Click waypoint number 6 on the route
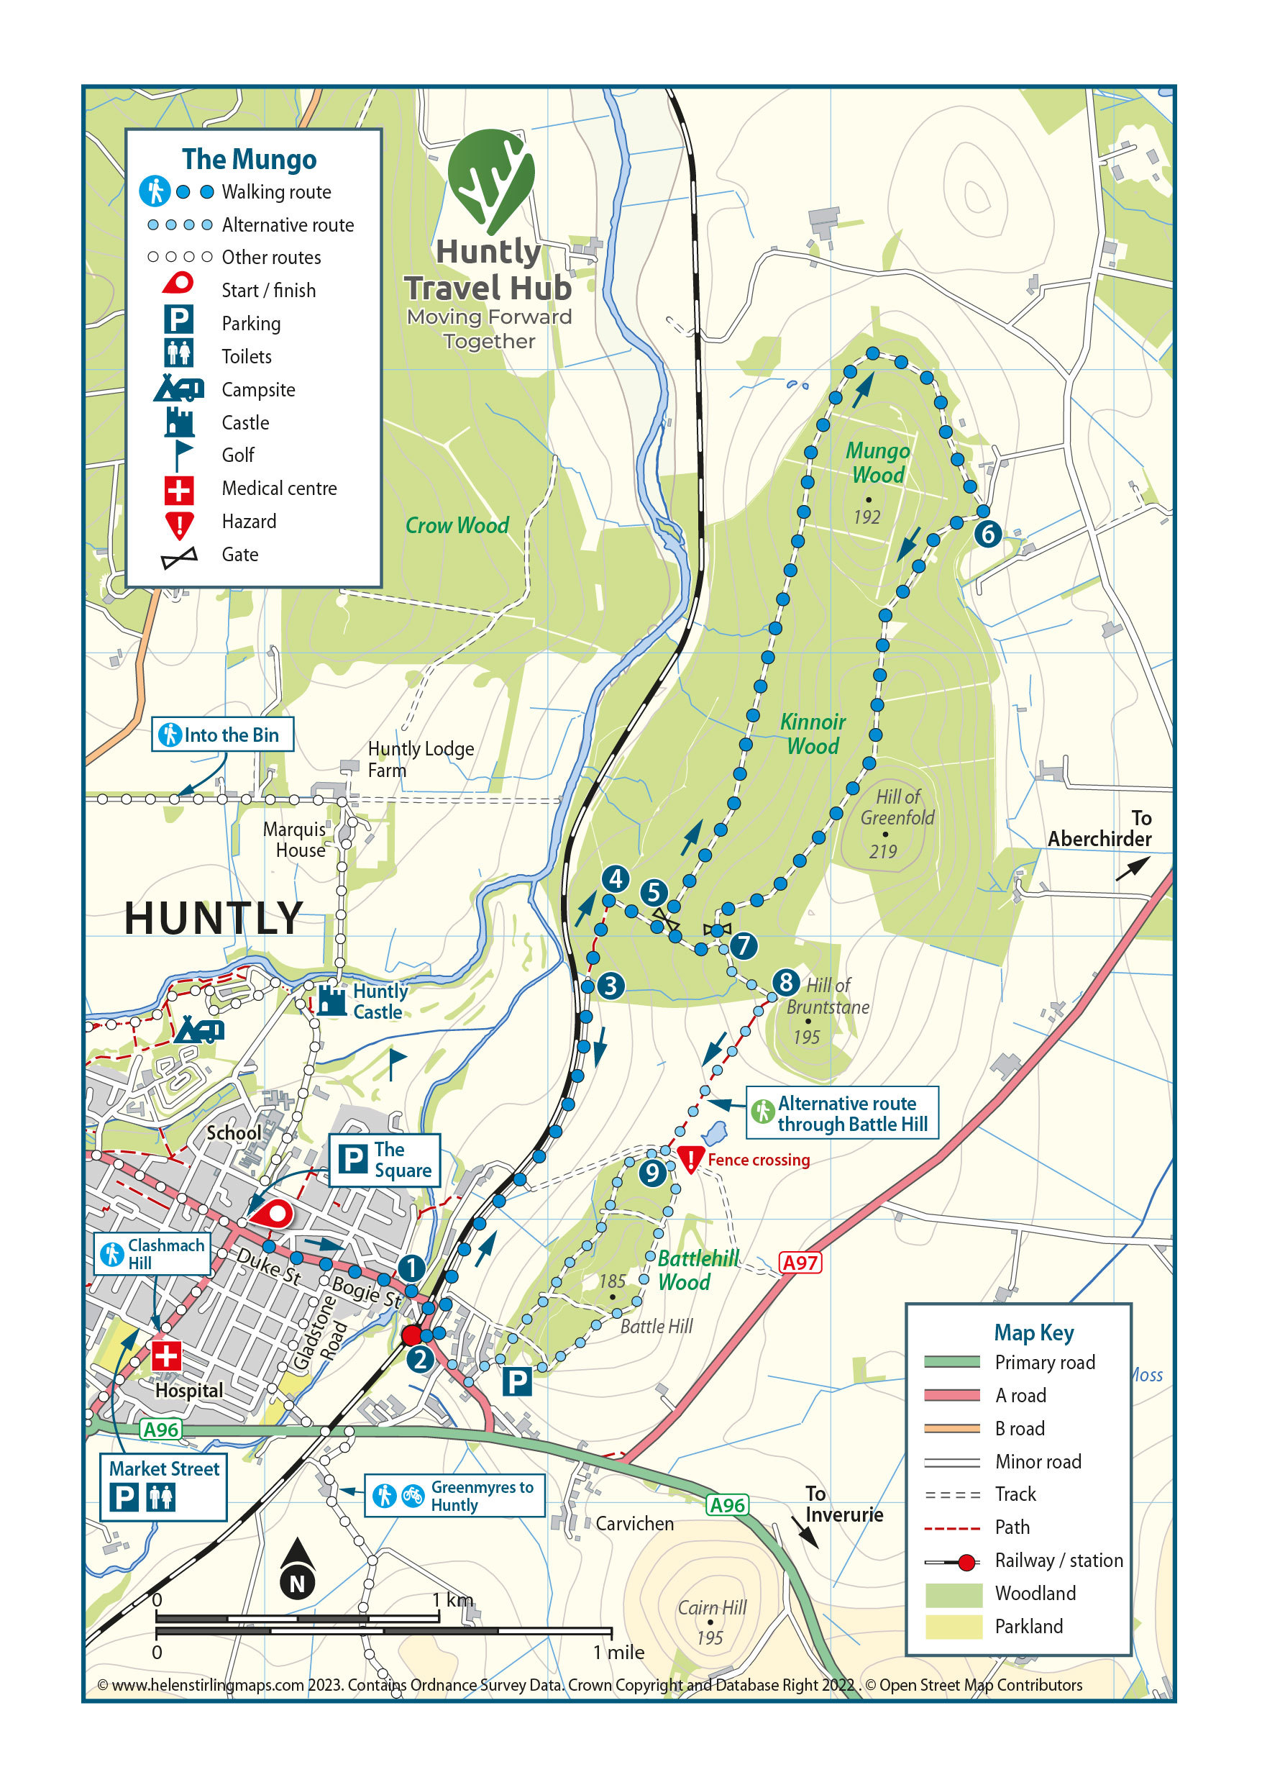[x=988, y=534]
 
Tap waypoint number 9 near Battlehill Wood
[x=652, y=1173]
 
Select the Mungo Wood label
[x=878, y=463]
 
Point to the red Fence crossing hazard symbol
[x=690, y=1158]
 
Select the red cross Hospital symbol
[x=165, y=1355]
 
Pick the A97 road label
[x=800, y=1263]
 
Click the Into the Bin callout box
[x=222, y=735]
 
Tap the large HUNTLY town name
[x=213, y=919]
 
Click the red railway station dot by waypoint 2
[x=411, y=1335]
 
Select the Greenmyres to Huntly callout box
[x=454, y=1496]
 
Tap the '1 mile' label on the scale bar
[x=618, y=1652]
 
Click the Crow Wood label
[x=457, y=525]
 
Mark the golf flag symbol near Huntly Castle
[x=396, y=1062]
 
